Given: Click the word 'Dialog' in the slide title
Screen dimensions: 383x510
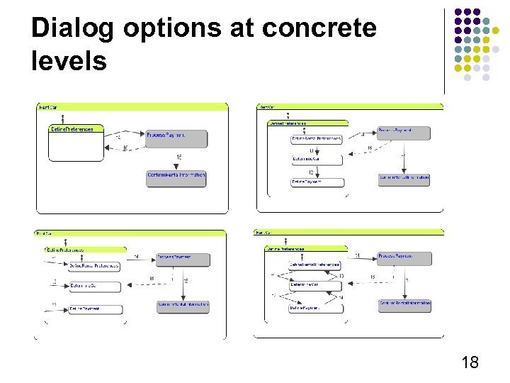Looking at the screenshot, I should (74, 28).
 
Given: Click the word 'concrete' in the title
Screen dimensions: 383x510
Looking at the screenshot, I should (319, 28).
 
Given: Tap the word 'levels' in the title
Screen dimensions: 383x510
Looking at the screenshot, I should (69, 61).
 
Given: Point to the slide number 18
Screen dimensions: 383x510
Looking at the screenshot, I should (469, 363).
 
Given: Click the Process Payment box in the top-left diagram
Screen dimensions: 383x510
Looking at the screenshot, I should (176, 137).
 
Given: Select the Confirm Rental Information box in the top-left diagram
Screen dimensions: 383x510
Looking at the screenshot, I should (176, 177).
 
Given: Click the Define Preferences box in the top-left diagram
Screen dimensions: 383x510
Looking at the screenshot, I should (76, 129).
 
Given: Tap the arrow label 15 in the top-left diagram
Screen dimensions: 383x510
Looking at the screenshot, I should (179, 157).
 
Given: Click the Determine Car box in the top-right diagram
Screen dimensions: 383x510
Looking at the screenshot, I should (316, 160).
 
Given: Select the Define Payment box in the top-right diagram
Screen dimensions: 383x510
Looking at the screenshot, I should (316, 182).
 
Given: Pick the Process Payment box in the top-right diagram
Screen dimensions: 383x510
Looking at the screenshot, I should (404, 132).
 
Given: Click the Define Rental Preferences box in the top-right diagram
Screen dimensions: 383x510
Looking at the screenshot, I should (316, 139).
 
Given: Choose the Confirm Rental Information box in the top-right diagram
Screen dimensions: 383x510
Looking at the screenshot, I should (404, 179).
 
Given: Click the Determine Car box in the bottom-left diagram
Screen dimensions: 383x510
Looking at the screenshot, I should (94, 287).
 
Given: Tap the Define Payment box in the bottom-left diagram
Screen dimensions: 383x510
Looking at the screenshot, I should (94, 309).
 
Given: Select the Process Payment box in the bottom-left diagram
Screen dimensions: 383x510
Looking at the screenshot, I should (183, 259).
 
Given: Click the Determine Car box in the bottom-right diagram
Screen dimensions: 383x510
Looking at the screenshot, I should (315, 285).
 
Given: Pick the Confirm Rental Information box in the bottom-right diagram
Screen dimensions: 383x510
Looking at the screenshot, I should (404, 305).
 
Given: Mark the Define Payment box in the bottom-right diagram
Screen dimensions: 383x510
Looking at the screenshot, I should (315, 308).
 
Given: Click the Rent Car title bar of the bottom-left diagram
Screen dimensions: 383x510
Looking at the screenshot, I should (130, 233).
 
